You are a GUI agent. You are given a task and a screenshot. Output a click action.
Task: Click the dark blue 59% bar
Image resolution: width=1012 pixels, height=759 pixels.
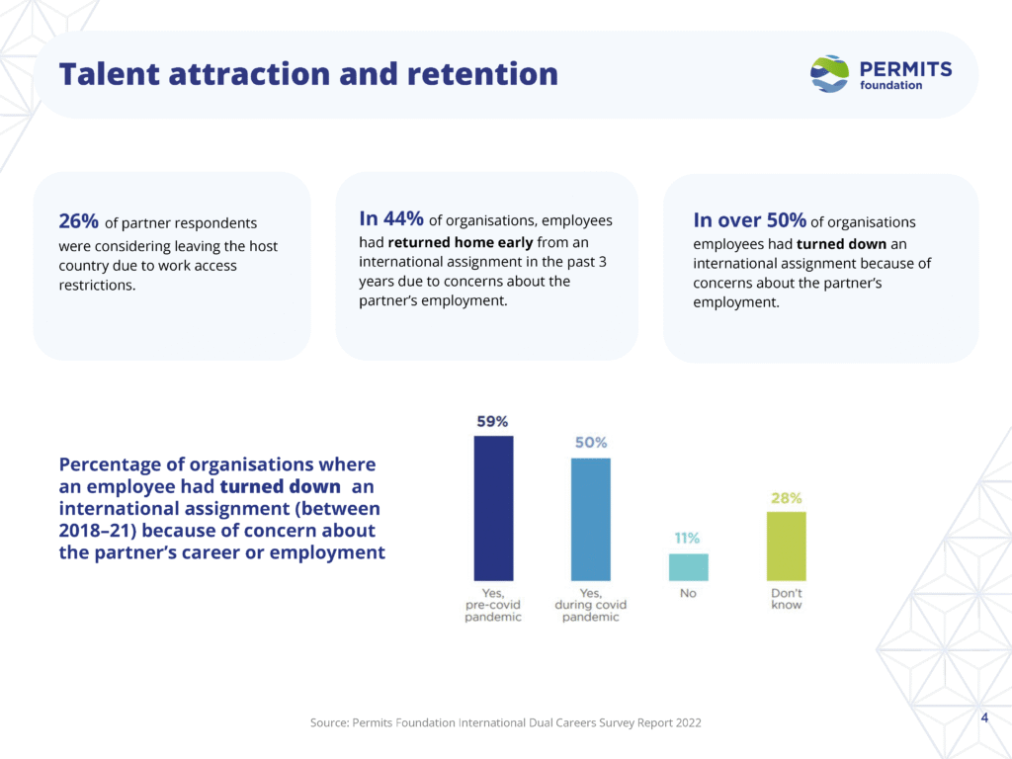[x=493, y=508]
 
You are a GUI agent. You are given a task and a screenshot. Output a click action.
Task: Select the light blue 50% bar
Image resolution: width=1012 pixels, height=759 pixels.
[x=590, y=519]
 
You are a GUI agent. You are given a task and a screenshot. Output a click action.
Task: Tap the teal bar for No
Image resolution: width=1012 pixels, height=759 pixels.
[x=688, y=567]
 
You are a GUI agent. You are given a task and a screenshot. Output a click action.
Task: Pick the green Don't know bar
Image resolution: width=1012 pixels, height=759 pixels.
[x=786, y=546]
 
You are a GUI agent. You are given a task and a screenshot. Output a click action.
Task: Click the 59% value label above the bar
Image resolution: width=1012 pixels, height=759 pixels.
[x=492, y=421]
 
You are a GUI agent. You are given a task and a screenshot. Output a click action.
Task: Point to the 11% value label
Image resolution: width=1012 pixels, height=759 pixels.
[x=688, y=539]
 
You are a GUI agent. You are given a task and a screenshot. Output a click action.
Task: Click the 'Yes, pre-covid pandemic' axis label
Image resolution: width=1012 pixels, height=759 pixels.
[x=493, y=605]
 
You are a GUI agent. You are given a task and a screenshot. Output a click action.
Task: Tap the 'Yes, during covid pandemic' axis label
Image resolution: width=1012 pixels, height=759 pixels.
[x=591, y=605]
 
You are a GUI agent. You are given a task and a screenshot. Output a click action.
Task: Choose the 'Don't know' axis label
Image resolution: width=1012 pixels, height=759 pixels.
[x=787, y=599]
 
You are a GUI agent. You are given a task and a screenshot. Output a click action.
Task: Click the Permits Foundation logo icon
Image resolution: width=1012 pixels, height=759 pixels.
[x=829, y=74]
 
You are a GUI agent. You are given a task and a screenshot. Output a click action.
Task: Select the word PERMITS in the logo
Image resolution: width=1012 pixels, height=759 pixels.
[x=906, y=68]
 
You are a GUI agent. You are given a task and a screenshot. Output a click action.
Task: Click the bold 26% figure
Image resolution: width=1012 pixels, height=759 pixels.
[x=79, y=221]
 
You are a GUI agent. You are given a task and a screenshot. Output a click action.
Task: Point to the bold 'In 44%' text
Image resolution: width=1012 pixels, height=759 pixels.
[x=391, y=218]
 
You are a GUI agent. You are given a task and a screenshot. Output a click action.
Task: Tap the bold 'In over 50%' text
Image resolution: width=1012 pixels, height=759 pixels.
[x=749, y=219]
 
